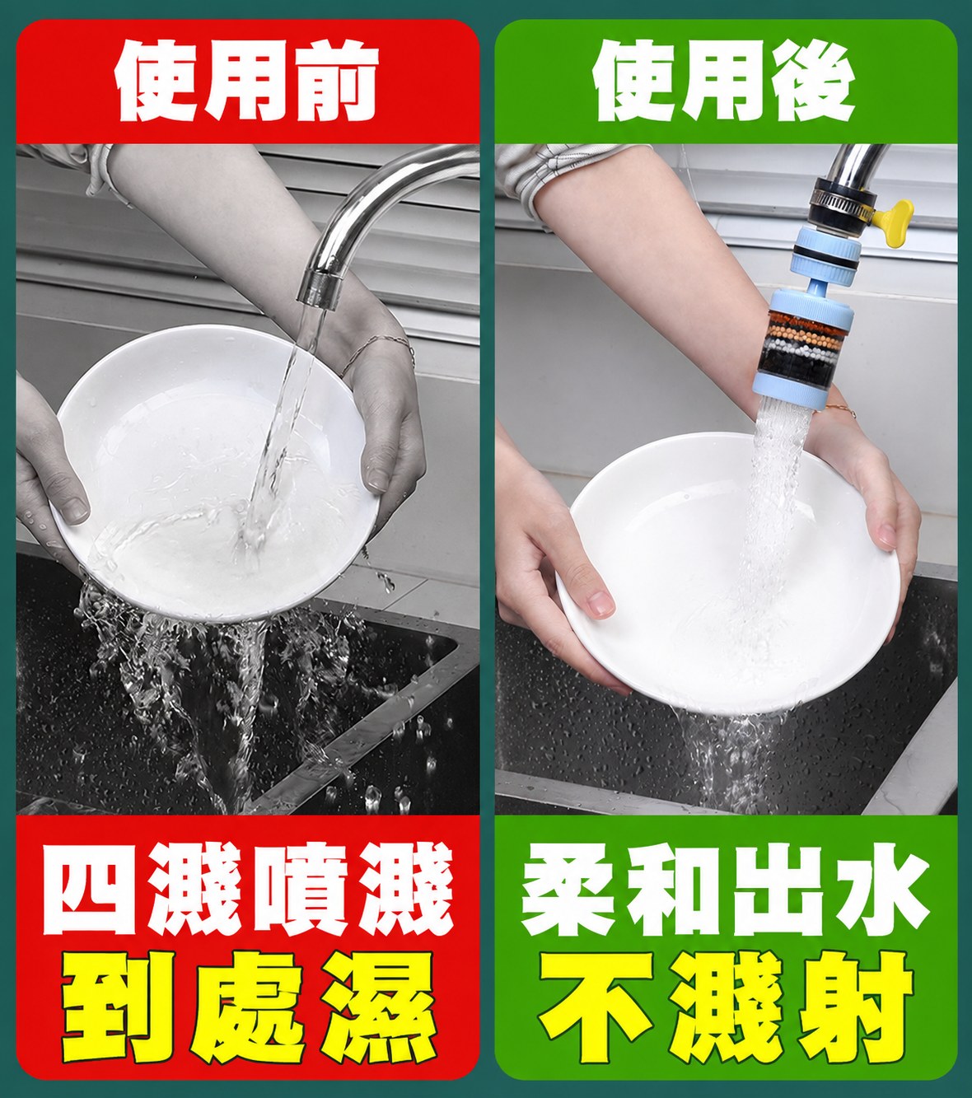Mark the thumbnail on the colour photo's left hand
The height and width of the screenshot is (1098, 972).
[600, 603]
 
